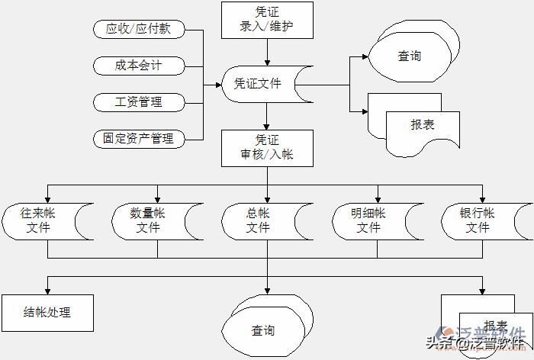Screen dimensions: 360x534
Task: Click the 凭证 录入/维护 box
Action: (267, 21)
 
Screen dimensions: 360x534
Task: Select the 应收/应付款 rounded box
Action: (139, 30)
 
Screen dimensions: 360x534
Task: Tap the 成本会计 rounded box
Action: (139, 66)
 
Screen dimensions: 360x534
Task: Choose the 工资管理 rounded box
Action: (139, 101)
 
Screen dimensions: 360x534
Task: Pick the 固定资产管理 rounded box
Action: (139, 138)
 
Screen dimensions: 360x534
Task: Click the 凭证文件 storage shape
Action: (263, 84)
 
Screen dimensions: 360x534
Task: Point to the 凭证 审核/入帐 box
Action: (267, 147)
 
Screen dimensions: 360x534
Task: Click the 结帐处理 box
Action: (47, 312)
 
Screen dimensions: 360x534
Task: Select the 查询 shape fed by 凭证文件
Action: (409, 56)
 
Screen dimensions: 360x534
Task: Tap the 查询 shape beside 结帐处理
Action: (264, 329)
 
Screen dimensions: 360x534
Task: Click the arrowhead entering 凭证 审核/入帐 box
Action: (267, 126)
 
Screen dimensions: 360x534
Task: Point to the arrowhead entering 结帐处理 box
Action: (47, 290)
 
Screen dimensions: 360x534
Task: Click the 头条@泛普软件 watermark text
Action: (477, 343)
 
